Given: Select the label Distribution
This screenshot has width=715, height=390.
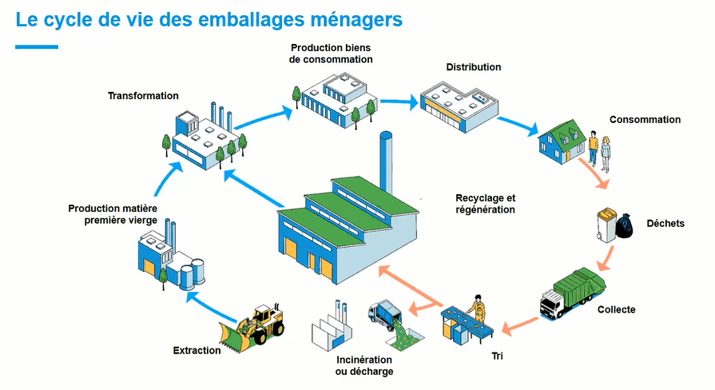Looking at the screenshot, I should [x=474, y=67].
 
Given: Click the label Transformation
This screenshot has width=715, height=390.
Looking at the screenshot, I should [x=143, y=96].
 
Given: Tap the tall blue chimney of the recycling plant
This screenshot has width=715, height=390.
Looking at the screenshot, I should [x=386, y=160].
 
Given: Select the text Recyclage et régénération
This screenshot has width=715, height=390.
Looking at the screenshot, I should [x=486, y=204].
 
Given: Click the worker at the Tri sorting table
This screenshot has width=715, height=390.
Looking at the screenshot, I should [x=478, y=308].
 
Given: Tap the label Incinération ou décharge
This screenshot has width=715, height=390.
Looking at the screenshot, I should [x=364, y=366].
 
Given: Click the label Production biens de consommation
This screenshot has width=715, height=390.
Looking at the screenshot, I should [x=332, y=54].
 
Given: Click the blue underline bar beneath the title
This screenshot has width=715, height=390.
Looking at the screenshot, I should [x=37, y=47].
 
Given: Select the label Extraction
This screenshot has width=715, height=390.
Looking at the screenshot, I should [x=197, y=351].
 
